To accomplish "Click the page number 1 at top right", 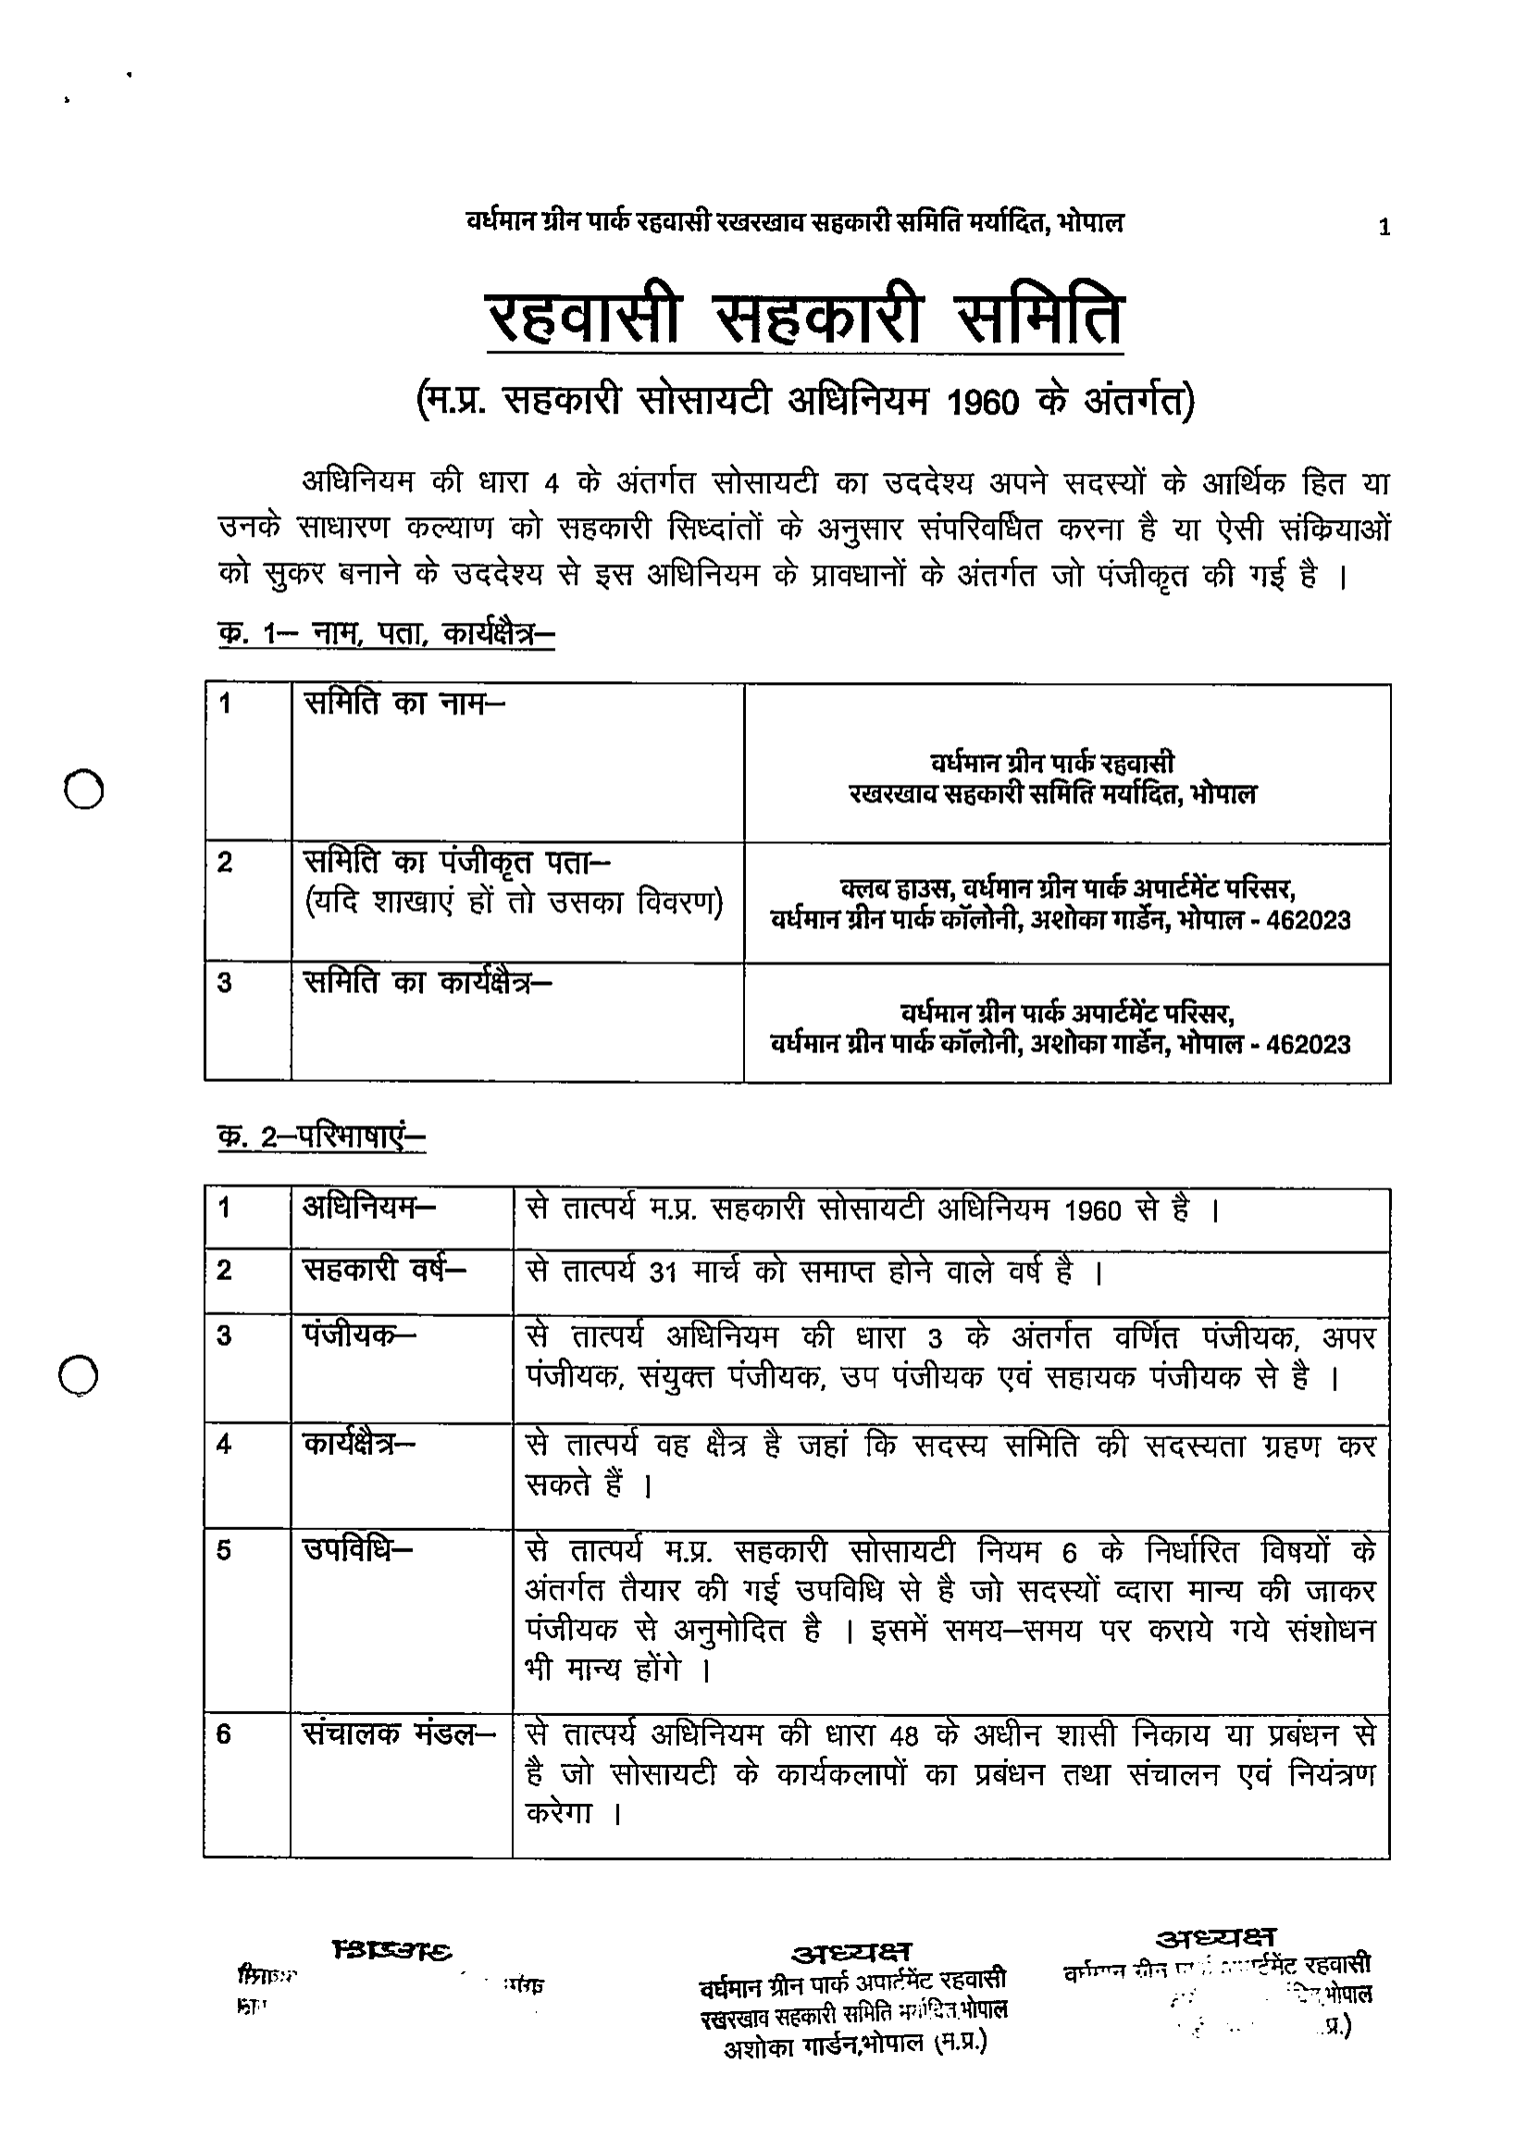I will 1384,228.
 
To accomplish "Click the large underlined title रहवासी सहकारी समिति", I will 805,320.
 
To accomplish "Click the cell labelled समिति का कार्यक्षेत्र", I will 428,982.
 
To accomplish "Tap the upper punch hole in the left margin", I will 83,789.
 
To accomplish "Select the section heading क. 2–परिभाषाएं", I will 321,1137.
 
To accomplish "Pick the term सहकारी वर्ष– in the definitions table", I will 385,1270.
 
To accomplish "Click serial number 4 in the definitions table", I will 224,1444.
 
